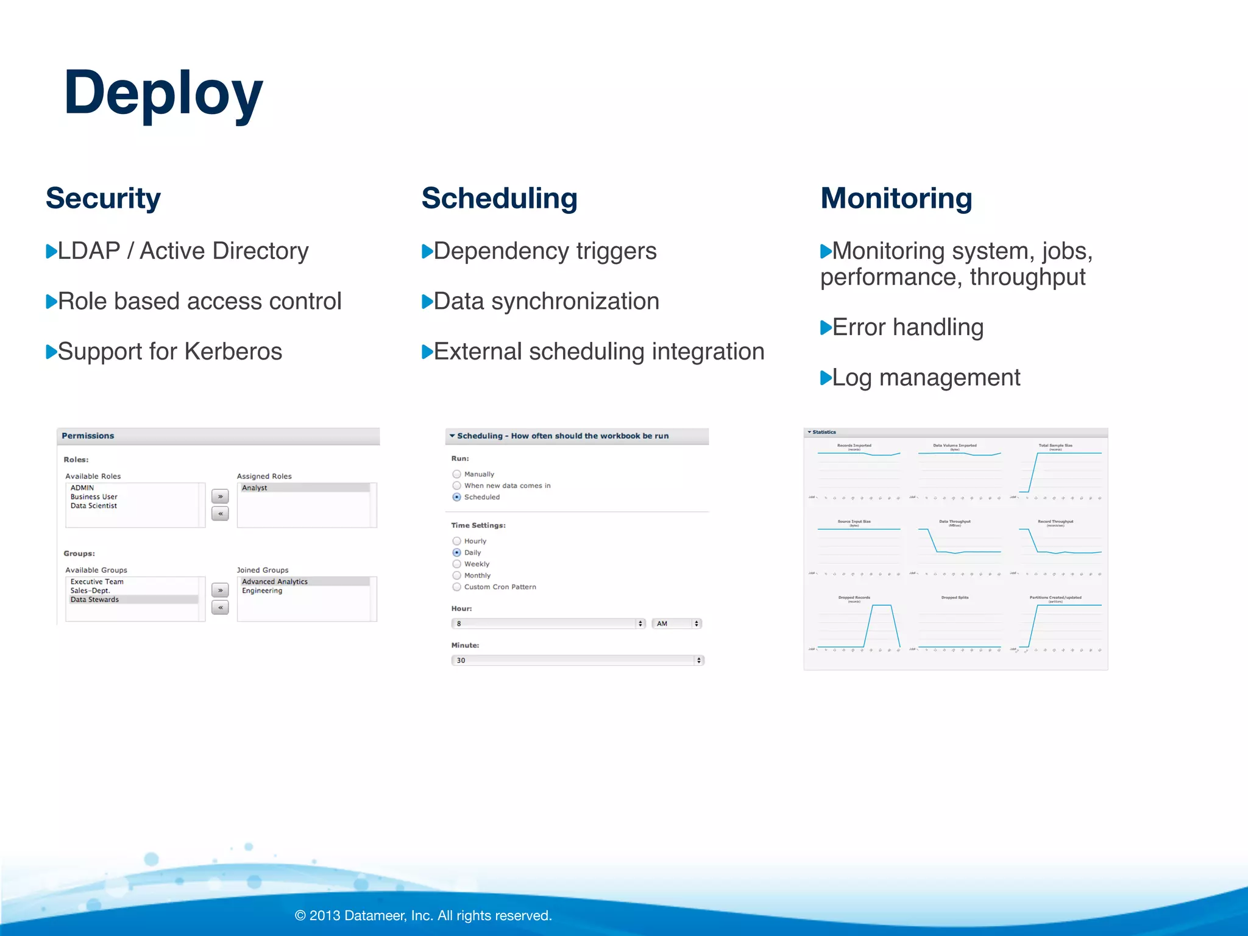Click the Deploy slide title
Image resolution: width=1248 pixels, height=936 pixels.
pos(163,93)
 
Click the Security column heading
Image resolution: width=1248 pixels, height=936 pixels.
pos(103,198)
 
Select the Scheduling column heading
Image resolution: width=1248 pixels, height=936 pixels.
pos(499,198)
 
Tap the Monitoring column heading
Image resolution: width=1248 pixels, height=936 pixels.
pos(896,198)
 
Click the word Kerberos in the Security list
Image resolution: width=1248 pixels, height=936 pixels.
pos(233,352)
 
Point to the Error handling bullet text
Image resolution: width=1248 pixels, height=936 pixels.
pos(907,327)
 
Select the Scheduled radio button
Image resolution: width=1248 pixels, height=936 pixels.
pos(456,497)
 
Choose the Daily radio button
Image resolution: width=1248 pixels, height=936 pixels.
pos(456,553)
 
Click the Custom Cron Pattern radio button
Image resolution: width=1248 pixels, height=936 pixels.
pos(456,587)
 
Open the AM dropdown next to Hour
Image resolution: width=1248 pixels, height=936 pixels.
pos(676,623)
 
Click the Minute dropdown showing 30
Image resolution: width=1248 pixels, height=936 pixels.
pos(577,660)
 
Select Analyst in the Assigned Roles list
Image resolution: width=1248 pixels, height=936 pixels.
pos(255,487)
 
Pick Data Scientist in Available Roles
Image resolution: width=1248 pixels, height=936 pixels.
pos(94,506)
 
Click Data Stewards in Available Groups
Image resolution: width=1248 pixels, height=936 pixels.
pos(95,600)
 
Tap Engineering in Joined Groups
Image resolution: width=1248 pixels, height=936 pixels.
pos(262,590)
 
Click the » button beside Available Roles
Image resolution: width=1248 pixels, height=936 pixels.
pos(220,497)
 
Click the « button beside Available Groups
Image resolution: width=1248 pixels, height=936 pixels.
pos(220,608)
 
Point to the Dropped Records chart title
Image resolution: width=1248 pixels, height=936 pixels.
pos(854,597)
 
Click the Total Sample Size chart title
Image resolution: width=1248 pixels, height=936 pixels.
pos(1055,445)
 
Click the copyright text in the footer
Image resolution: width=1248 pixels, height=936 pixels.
pos(423,915)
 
